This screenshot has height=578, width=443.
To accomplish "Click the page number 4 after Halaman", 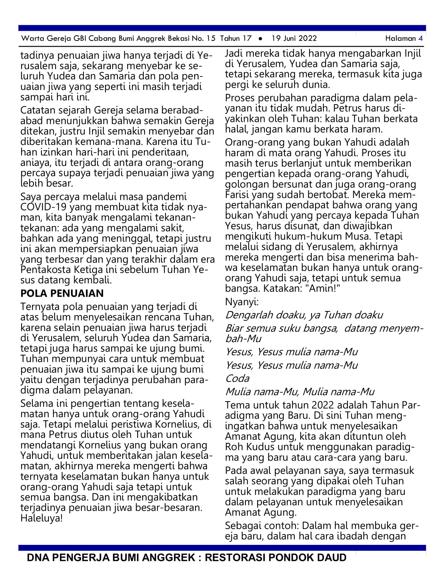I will tap(420, 39).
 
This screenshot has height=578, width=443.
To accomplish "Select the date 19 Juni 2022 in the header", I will tap(294, 39).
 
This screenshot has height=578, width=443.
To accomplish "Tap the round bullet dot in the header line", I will tap(261, 39).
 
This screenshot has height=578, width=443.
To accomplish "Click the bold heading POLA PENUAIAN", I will tap(62, 293).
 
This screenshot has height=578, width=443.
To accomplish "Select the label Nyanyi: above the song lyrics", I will tap(242, 302).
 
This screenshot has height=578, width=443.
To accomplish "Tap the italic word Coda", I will tap(237, 378).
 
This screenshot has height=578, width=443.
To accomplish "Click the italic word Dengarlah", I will tap(249, 315).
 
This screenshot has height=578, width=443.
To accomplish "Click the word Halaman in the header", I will tap(400, 39).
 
